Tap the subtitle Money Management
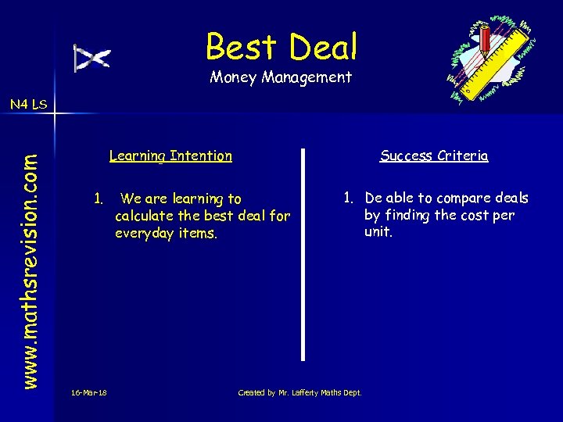pyautogui.click(x=281, y=77)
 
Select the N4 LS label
pyautogui.click(x=28, y=103)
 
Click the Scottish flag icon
pyautogui.click(x=92, y=58)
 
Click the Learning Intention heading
pyautogui.click(x=170, y=156)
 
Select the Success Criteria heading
pyautogui.click(x=434, y=156)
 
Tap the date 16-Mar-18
pyautogui.click(x=88, y=392)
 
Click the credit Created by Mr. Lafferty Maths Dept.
pyautogui.click(x=299, y=392)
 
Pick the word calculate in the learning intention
pyautogui.click(x=144, y=216)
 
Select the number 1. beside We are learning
pyautogui.click(x=98, y=198)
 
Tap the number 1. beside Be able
pyautogui.click(x=349, y=198)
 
